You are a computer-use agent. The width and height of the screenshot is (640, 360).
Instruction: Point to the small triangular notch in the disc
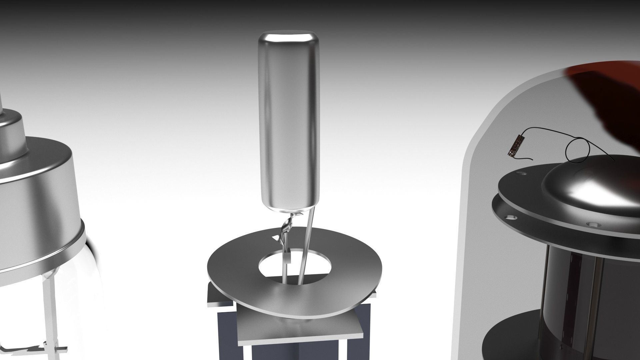pyautogui.click(x=276, y=238)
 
